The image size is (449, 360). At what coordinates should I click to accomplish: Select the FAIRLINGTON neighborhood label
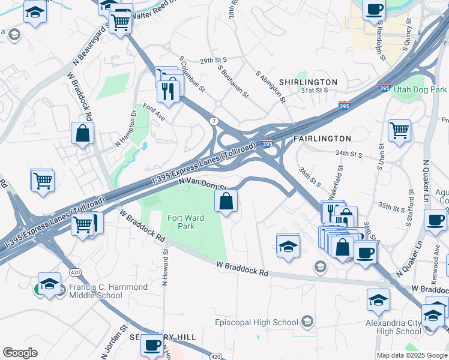(318, 139)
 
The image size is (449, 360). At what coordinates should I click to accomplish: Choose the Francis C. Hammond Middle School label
(108, 291)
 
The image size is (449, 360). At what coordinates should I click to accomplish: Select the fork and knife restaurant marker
(168, 91)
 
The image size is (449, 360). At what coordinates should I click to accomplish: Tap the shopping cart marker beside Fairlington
(399, 130)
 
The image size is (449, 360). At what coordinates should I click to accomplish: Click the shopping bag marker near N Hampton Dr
(83, 134)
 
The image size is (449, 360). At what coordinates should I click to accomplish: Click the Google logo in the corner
(20, 353)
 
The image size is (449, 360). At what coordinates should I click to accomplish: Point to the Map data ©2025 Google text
(411, 355)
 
